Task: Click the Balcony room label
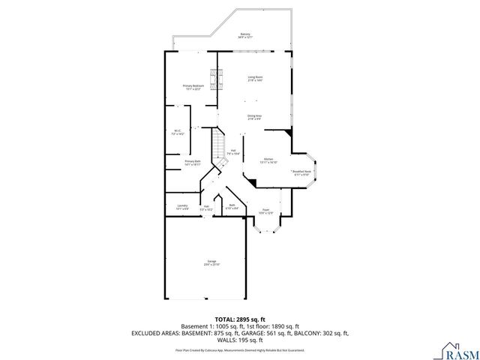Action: [x=245, y=36]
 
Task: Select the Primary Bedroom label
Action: [x=193, y=88]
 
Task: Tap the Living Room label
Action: [x=255, y=79]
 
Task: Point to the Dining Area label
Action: [x=255, y=117]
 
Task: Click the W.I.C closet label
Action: [x=178, y=133]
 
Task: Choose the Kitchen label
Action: [x=268, y=160]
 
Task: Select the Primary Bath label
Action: [x=193, y=163]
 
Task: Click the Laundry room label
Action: [x=182, y=206]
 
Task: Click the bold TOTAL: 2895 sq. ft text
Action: [x=239, y=319]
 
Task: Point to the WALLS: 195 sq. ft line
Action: [x=240, y=340]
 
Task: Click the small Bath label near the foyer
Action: [x=232, y=206]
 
